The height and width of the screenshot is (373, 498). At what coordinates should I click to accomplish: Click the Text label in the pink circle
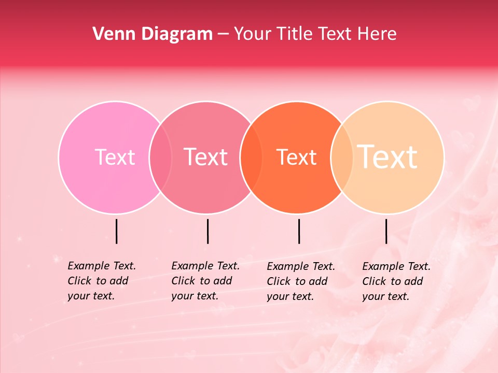tap(115, 157)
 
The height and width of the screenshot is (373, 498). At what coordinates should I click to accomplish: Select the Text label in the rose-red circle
tap(206, 157)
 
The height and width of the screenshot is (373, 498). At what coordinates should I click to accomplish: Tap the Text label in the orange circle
tap(297, 157)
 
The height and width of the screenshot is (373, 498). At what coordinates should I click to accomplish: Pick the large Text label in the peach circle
tap(388, 157)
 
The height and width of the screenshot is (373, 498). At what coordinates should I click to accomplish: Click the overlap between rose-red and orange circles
tap(251, 157)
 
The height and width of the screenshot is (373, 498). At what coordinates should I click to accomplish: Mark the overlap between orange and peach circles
tap(342, 157)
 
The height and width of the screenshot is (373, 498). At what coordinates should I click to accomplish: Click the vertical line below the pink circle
tap(117, 231)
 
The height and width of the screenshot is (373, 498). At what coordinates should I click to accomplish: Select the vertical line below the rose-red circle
tap(208, 231)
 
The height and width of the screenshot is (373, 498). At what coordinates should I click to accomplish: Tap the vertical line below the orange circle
tap(299, 231)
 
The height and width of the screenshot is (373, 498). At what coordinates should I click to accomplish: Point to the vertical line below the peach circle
tap(386, 231)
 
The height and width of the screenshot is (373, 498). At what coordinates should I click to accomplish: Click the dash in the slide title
tap(223, 34)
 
